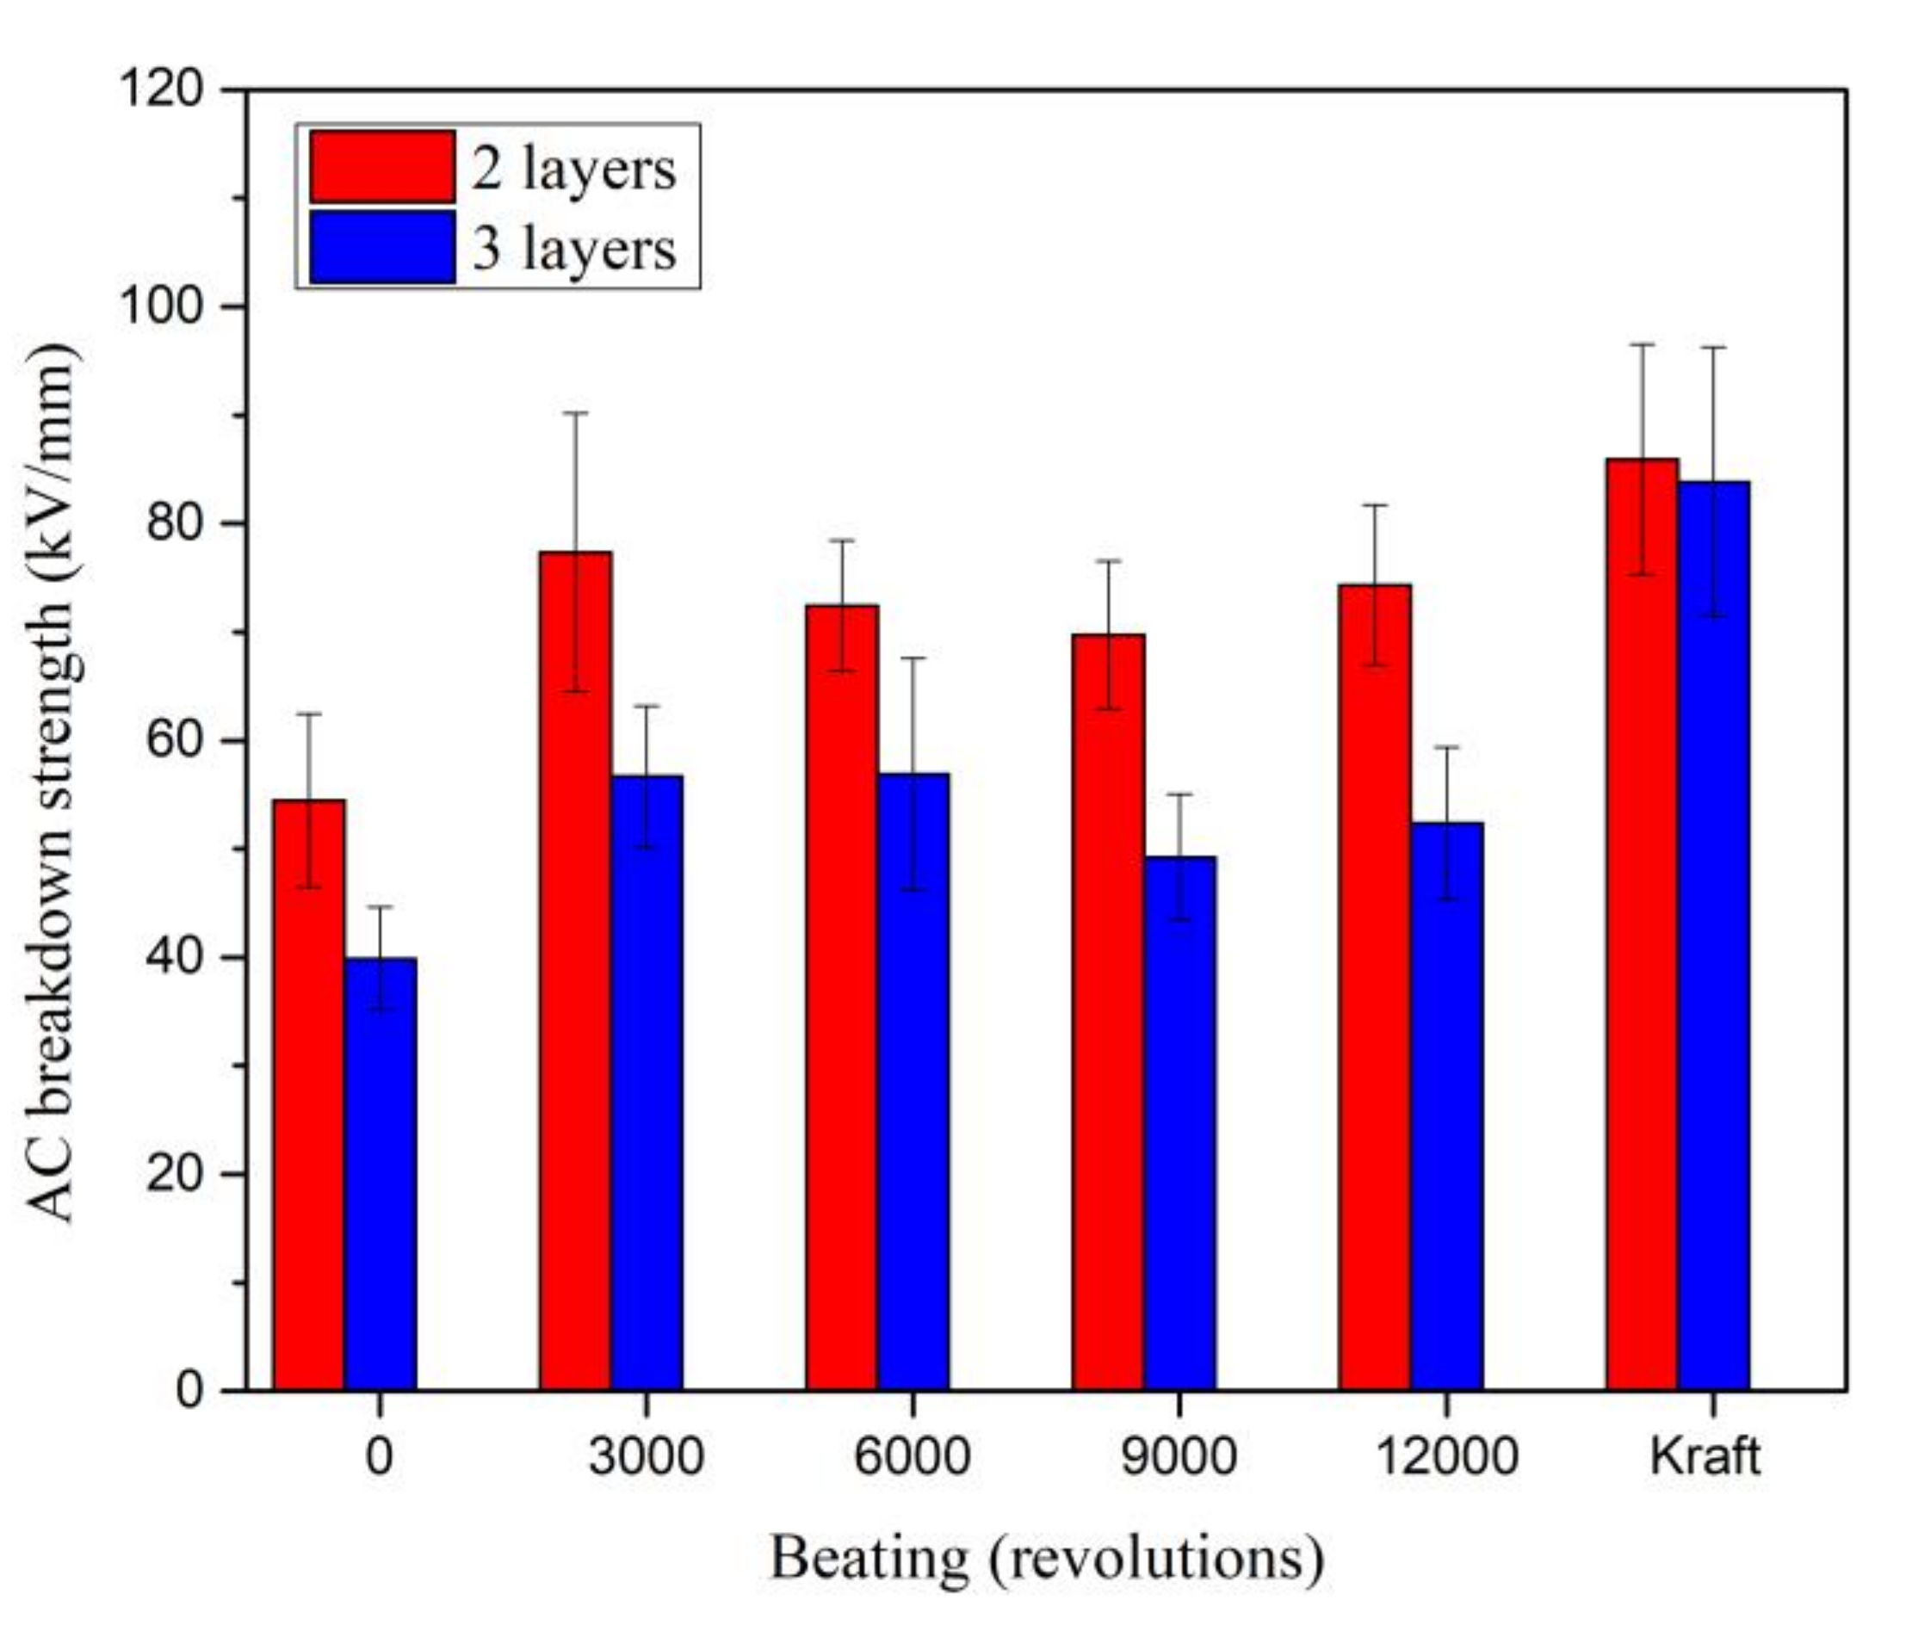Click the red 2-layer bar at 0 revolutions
(308, 1103)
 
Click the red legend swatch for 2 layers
(381, 166)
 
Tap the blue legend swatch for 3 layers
(381, 246)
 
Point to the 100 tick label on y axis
(161, 307)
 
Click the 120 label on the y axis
(161, 90)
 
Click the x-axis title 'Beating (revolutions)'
(1046, 1559)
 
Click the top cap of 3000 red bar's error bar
(575, 413)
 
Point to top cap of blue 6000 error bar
(913, 658)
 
